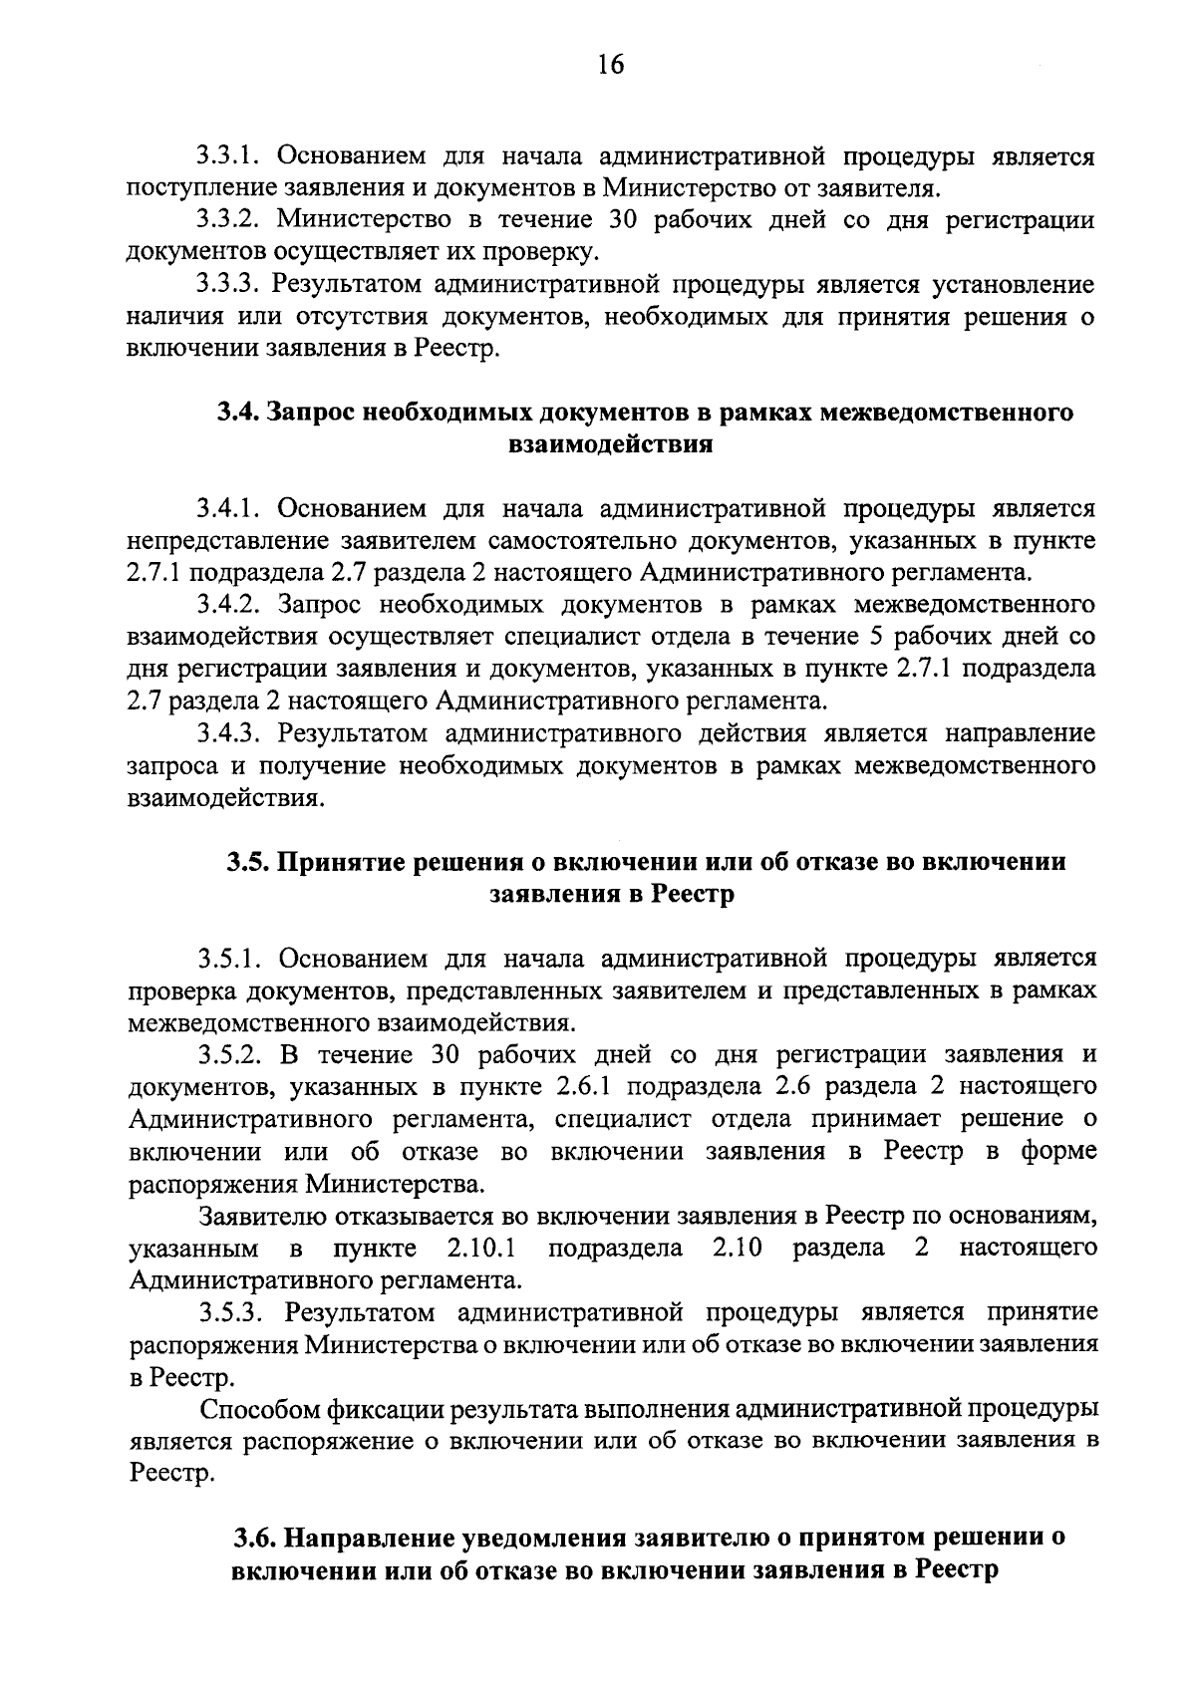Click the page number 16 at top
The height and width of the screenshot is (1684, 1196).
[x=610, y=65]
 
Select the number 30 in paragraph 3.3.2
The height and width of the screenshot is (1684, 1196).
[x=615, y=220]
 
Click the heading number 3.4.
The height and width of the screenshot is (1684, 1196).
[x=239, y=413]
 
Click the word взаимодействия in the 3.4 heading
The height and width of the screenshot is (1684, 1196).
[x=610, y=444]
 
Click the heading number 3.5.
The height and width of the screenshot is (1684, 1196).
[x=247, y=862]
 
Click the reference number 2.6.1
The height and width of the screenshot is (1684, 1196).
[x=578, y=1086]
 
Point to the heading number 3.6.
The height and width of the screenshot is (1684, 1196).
[x=255, y=1538]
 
